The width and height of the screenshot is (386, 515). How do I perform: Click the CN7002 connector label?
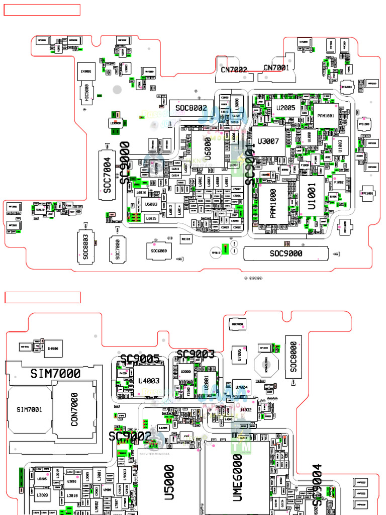point(234,69)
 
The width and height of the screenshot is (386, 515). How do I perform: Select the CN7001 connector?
point(276,67)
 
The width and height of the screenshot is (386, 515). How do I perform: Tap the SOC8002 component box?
point(191,108)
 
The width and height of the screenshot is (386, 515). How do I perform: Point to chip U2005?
point(285,108)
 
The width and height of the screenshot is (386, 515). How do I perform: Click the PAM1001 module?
point(326,116)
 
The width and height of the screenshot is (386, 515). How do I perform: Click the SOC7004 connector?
point(107,175)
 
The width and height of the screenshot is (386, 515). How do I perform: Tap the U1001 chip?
point(312,196)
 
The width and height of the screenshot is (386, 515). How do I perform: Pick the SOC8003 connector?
point(85,246)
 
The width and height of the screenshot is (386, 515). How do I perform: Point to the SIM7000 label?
point(55,374)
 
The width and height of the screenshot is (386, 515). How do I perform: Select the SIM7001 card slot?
point(29,409)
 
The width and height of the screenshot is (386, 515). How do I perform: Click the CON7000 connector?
point(74,409)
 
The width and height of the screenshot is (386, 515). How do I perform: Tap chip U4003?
point(149,381)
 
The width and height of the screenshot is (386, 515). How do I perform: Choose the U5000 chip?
point(169,482)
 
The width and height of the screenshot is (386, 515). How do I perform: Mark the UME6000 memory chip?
point(237,478)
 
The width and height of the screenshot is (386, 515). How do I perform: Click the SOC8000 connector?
point(294,358)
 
